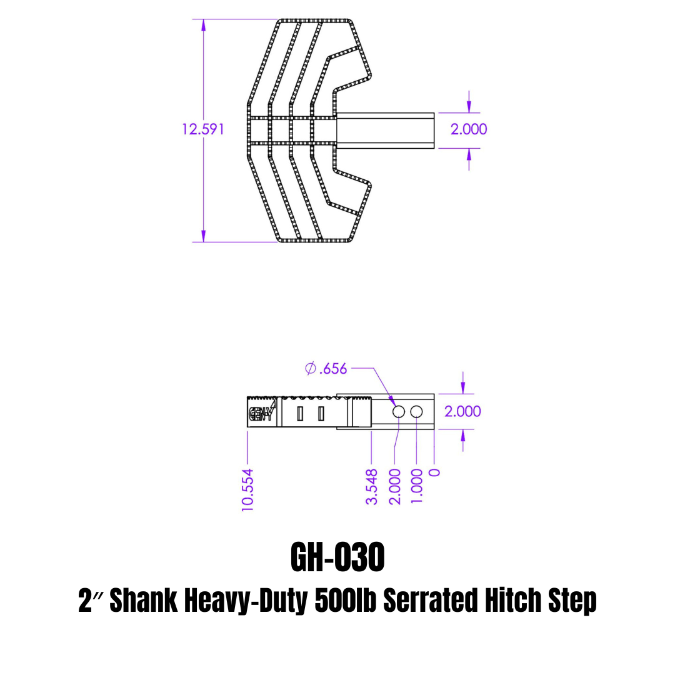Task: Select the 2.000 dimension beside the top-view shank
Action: coord(469,129)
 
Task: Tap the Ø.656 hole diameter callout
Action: coord(326,369)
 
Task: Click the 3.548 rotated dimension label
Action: coord(372,487)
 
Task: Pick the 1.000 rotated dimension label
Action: coord(417,485)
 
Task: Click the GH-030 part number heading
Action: coord(337,558)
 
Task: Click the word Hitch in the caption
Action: coord(512,601)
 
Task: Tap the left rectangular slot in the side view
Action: coord(300,413)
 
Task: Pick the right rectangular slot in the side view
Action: coord(321,413)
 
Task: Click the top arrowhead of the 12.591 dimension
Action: coord(203,24)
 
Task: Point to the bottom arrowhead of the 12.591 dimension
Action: coord(203,236)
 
